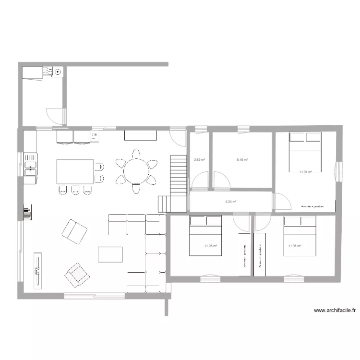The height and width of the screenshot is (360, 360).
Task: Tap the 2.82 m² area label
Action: [x=199, y=160]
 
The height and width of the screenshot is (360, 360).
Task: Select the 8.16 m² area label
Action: [x=242, y=160]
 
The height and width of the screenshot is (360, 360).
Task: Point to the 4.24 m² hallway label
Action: [x=231, y=202]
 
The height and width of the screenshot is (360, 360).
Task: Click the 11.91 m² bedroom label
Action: [x=306, y=172]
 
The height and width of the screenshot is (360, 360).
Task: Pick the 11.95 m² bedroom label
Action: [x=210, y=246]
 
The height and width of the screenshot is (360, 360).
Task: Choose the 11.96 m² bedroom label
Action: [x=294, y=246]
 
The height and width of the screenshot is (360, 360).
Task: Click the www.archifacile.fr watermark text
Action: [x=335, y=311]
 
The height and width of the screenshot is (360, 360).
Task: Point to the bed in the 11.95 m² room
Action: [x=205, y=235]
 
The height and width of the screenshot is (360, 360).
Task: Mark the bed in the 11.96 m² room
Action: [x=300, y=235]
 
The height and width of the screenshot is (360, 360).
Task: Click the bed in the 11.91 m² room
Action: [x=305, y=152]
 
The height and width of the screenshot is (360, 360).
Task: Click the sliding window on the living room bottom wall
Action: [x=95, y=295]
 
